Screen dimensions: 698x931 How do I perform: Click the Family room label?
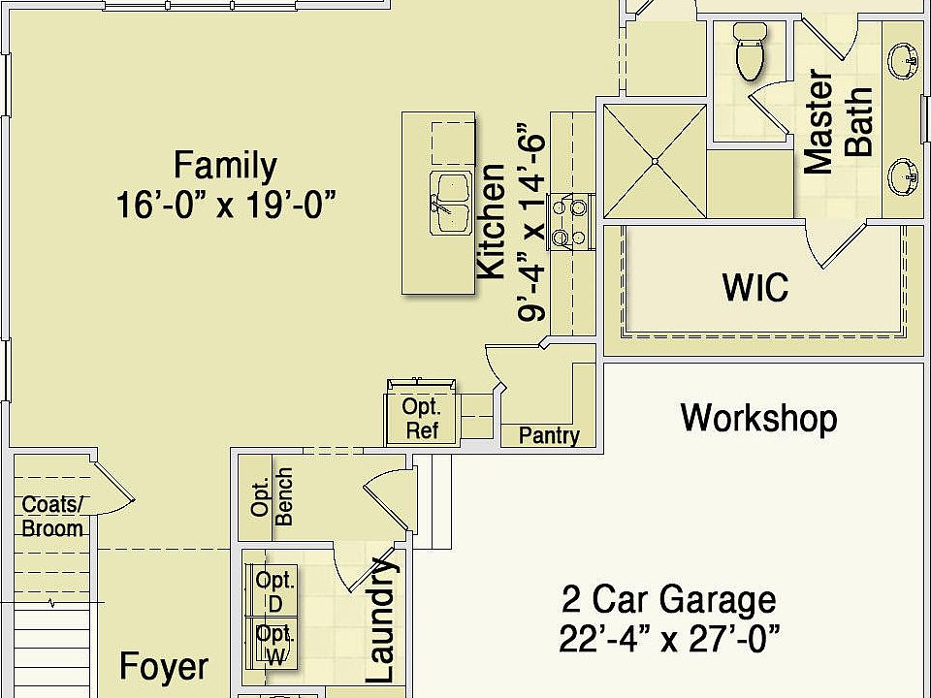point(225,166)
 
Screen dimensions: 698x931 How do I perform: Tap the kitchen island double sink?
point(451,203)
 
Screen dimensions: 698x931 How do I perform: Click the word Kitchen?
point(492,222)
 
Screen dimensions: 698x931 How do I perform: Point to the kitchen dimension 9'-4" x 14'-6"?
point(532,222)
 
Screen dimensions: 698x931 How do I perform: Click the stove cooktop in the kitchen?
point(566,221)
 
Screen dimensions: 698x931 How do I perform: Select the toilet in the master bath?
point(750,53)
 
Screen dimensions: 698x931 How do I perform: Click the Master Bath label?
point(839,122)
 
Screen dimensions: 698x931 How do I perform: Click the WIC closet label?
point(754,287)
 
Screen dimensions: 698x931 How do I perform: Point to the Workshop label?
point(758,418)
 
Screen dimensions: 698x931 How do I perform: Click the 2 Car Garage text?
point(669,600)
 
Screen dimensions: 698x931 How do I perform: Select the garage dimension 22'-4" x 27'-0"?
point(669,639)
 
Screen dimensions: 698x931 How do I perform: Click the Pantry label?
point(549,435)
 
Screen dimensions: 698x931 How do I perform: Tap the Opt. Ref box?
point(422,419)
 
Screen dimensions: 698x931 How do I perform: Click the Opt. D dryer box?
point(274,590)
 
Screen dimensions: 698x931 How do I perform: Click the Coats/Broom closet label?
point(52,517)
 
